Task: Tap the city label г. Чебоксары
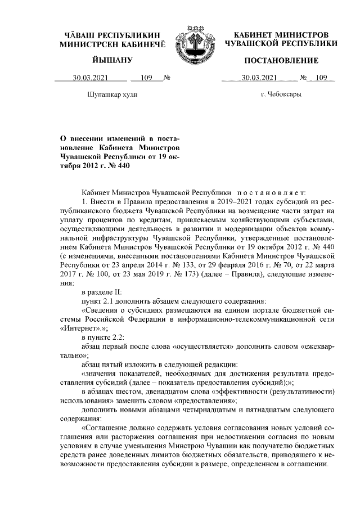[281, 94]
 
